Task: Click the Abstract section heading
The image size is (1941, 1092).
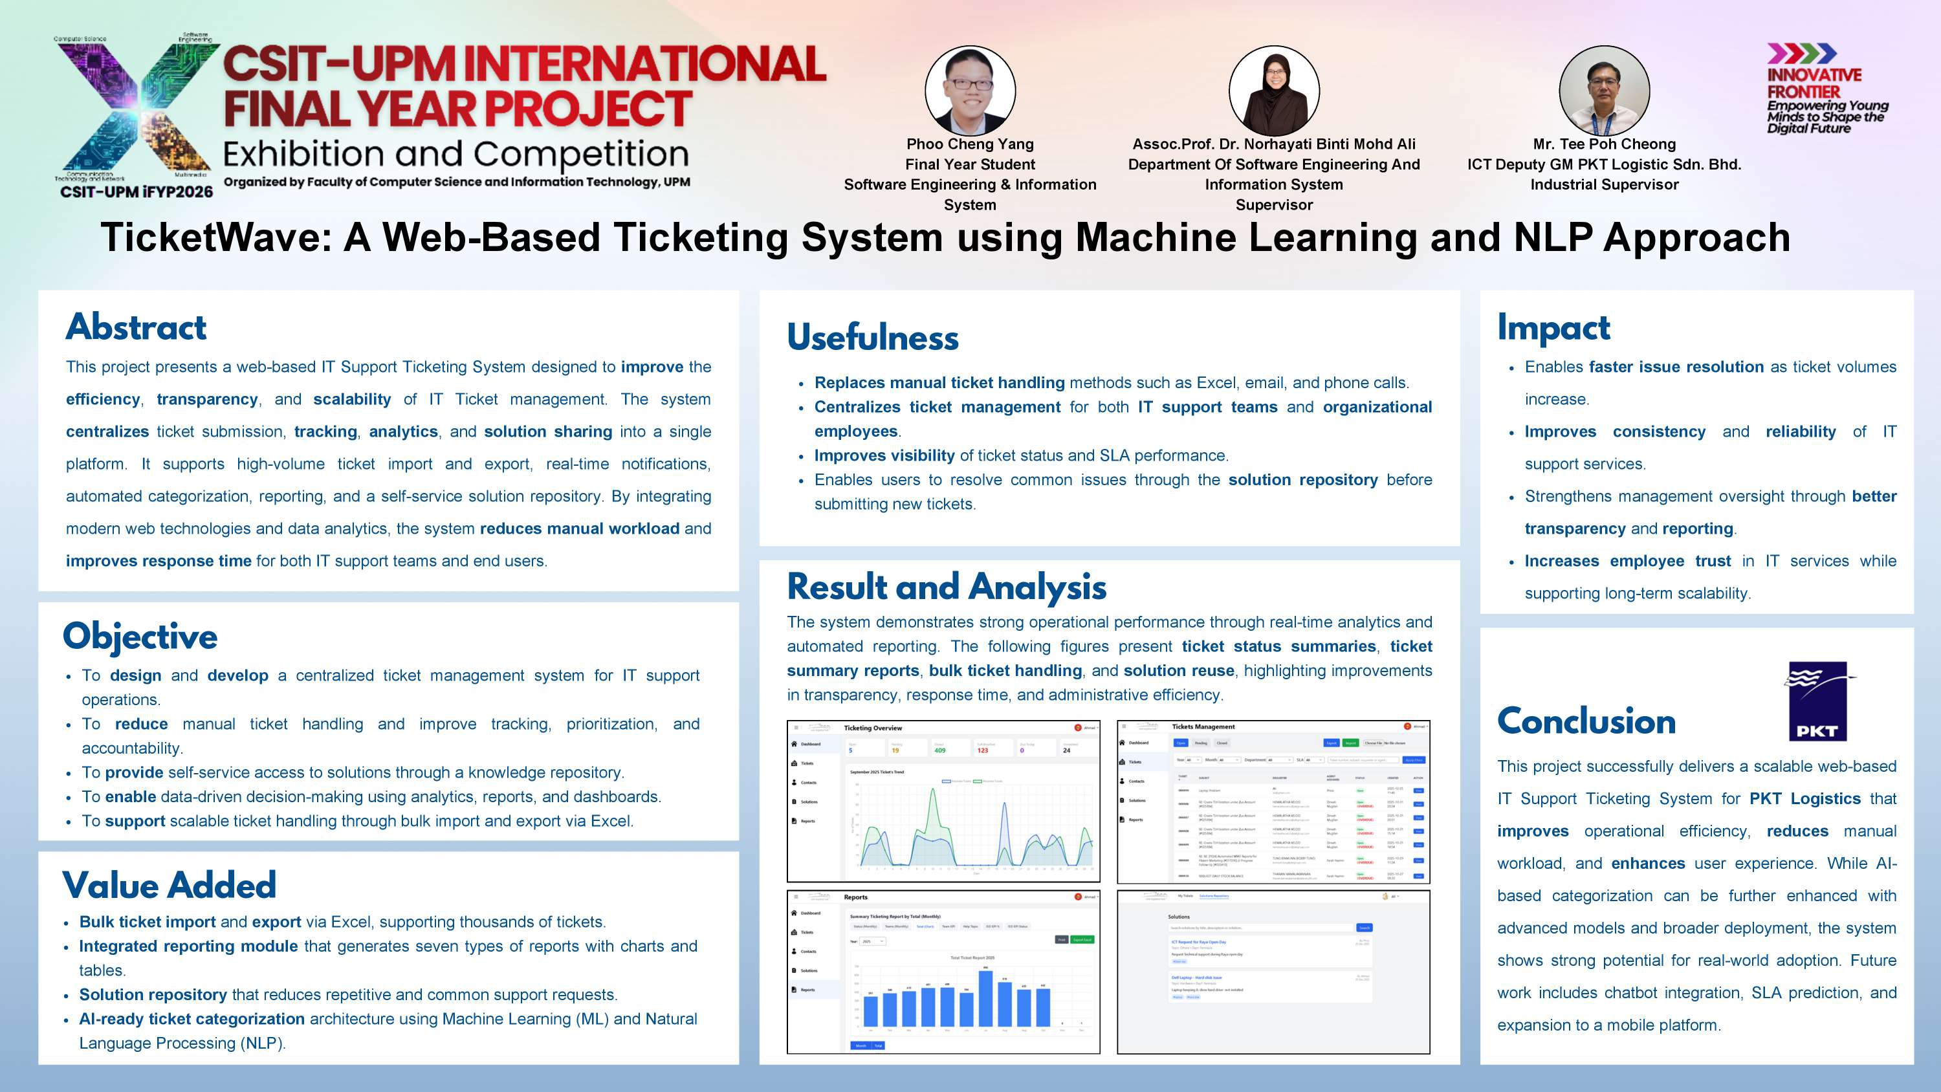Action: (136, 327)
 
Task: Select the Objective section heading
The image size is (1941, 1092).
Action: (140, 637)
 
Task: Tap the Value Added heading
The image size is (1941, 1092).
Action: (169, 886)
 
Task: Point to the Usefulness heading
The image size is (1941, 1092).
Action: (873, 338)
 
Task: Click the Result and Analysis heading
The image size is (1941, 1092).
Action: (947, 587)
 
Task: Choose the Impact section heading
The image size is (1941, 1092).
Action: (1553, 328)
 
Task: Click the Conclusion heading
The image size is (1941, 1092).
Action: (1586, 721)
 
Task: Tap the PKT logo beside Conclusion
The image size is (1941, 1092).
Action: (1817, 701)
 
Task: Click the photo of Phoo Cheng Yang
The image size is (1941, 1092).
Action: (970, 91)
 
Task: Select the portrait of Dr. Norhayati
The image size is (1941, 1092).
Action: (1273, 91)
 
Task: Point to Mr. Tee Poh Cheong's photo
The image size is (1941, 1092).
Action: (1603, 91)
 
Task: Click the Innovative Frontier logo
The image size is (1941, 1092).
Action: (1826, 89)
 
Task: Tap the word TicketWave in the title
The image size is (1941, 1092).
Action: (217, 237)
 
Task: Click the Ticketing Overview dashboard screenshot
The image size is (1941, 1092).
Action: (943, 801)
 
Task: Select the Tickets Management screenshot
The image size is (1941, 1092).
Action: (1273, 801)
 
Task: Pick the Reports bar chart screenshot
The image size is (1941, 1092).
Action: (943, 972)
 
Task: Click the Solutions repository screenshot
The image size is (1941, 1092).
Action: (1273, 972)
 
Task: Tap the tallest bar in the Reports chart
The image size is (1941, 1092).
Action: (985, 999)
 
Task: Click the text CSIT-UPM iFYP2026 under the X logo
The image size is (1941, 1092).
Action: (137, 192)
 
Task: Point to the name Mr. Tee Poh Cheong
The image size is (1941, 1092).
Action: (1603, 144)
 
